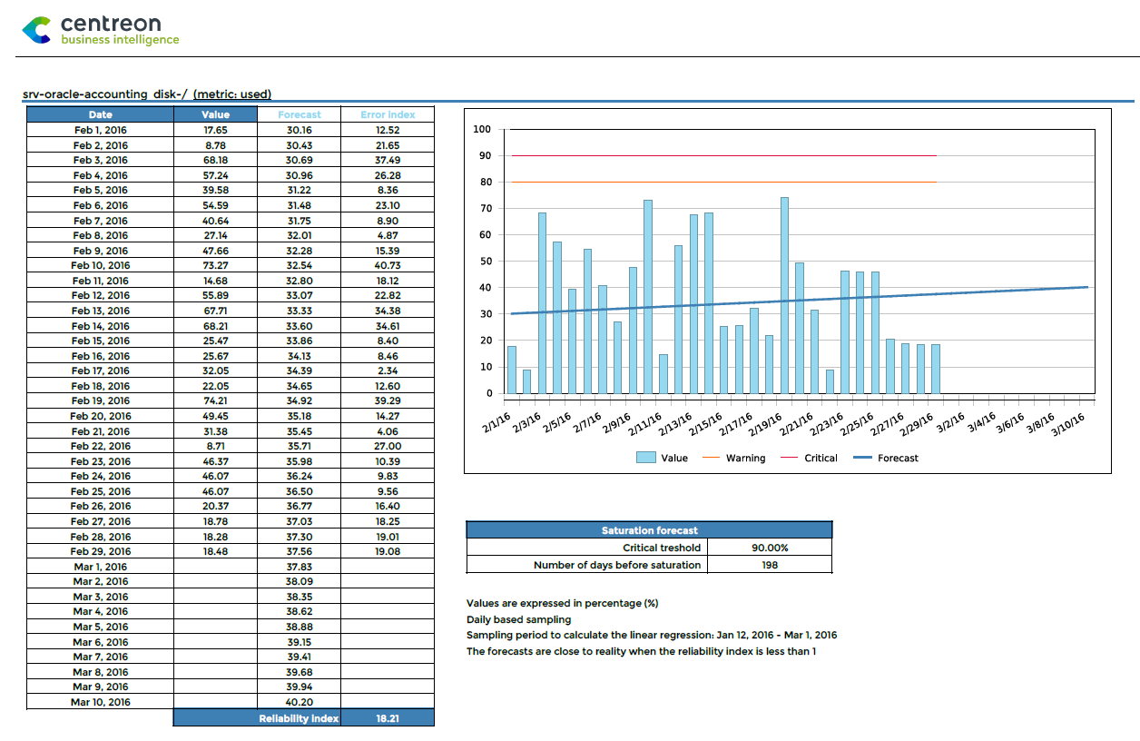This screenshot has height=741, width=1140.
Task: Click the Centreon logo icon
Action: point(36,30)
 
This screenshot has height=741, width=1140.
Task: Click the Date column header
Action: point(100,114)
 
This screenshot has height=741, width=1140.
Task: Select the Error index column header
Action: point(388,114)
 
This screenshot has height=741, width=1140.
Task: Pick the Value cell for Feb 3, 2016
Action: point(215,160)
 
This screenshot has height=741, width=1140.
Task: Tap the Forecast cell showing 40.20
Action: point(299,702)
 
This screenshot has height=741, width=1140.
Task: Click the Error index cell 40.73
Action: point(388,265)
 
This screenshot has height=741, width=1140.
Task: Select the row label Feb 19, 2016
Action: point(100,400)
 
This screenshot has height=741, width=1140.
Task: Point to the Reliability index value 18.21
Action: point(388,718)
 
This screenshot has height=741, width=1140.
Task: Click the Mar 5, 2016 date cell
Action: point(100,627)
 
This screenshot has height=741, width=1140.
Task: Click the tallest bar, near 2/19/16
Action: point(784,295)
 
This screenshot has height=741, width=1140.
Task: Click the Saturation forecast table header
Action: point(649,530)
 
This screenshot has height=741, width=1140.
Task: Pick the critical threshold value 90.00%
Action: point(770,548)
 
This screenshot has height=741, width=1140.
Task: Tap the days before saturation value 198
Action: point(770,565)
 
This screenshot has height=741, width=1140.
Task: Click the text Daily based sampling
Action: point(518,619)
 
